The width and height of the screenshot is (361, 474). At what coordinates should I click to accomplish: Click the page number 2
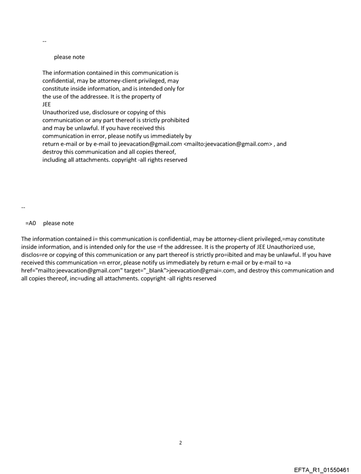click(x=180, y=443)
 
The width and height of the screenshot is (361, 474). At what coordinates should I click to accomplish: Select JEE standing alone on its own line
click(x=46, y=105)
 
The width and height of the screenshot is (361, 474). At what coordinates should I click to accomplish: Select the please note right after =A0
click(x=58, y=223)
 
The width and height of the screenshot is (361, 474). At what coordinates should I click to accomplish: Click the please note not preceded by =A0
click(x=69, y=57)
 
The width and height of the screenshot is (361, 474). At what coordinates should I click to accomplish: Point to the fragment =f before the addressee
click(x=152, y=247)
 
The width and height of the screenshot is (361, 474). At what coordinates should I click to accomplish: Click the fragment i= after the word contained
click(x=94, y=239)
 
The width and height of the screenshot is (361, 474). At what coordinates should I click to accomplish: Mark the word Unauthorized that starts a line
click(x=61, y=112)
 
